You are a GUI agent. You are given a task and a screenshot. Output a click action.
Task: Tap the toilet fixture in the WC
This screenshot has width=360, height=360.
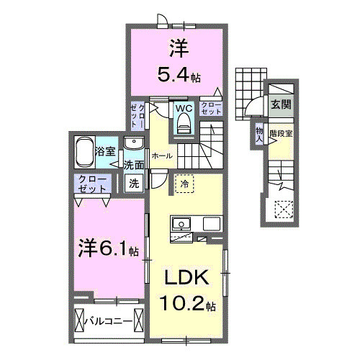point(183,125)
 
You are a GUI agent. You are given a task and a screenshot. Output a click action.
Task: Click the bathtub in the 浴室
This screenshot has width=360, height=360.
point(85,152)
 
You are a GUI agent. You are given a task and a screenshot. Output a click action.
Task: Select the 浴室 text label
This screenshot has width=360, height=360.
point(106,151)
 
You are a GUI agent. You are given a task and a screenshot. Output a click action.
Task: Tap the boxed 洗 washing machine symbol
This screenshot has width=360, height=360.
point(134,183)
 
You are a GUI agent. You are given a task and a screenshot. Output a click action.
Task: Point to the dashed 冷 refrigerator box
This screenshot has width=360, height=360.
point(184,184)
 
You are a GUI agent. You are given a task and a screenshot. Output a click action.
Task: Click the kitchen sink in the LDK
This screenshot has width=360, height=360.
point(179,225)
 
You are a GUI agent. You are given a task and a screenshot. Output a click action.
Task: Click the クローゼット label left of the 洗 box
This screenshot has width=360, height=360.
point(92,183)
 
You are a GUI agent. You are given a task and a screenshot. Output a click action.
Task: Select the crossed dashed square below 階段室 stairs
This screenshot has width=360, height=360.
point(284,210)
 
